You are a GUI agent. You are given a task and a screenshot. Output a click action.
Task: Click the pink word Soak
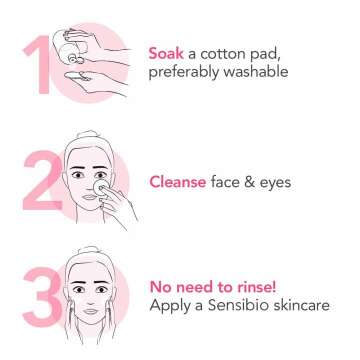167,52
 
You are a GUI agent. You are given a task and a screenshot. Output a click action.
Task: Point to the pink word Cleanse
181,182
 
